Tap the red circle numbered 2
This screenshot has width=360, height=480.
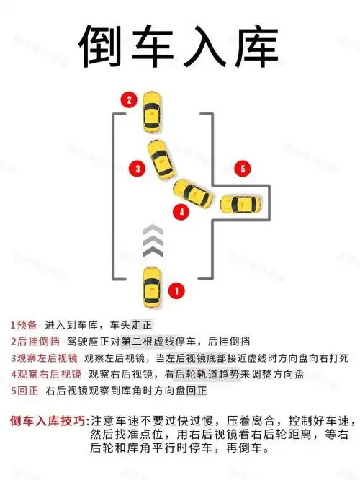(x=129, y=100)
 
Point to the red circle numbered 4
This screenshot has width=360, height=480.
(x=182, y=212)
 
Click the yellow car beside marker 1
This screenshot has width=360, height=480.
(x=151, y=284)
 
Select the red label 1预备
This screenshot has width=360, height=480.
(x=25, y=324)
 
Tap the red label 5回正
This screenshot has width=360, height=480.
(x=25, y=391)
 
